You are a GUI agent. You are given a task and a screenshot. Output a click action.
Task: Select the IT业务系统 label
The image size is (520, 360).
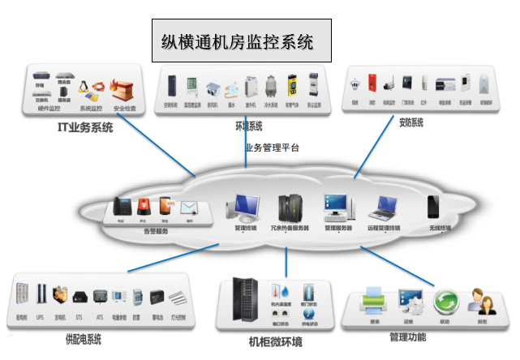point(84,127)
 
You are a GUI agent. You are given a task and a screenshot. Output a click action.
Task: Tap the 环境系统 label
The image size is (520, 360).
point(247,126)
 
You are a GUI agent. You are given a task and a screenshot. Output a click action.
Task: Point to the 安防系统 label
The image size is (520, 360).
point(411,123)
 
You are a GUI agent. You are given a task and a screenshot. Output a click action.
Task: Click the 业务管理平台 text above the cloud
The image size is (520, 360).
point(273,148)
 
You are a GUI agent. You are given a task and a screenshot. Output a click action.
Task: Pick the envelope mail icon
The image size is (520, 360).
point(189,207)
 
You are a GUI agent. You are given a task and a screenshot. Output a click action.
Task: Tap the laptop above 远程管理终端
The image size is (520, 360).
point(381,209)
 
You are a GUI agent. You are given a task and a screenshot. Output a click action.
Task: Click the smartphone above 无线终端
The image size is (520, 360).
point(435,205)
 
